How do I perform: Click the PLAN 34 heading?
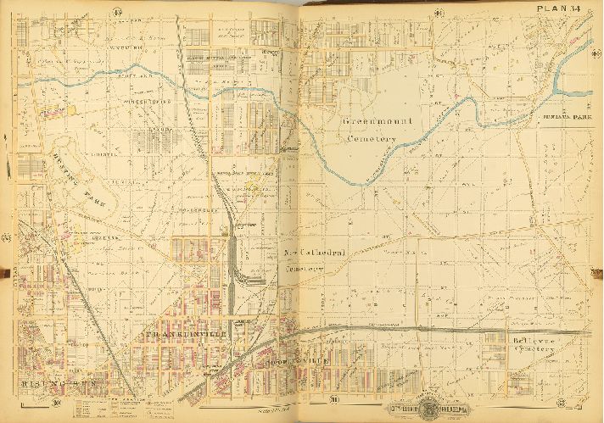557,9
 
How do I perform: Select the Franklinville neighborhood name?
180,335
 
